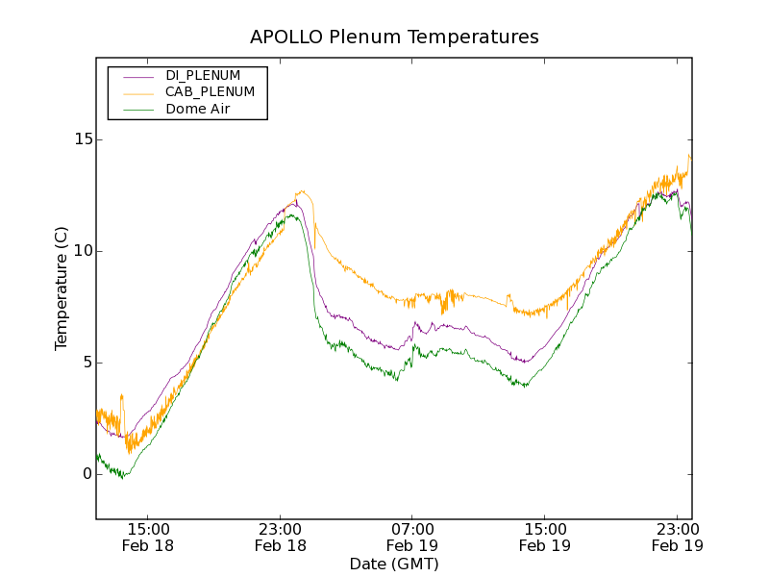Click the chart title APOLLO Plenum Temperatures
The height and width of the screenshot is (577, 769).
pos(394,38)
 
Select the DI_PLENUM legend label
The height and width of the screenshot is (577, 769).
pos(203,75)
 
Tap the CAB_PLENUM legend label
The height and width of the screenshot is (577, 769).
pos(210,92)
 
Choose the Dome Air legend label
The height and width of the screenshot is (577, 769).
pos(198,110)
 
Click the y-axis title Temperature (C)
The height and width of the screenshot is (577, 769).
pos(62,288)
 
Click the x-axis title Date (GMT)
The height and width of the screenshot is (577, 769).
pos(394,564)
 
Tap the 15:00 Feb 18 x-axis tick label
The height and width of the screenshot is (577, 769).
pos(148,537)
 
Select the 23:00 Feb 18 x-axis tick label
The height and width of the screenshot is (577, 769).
pos(281,537)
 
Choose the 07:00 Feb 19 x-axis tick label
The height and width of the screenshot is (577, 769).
pos(412,537)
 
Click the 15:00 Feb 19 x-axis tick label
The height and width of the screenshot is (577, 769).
pos(545,537)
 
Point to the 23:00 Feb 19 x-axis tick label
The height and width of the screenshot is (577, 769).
pos(677,537)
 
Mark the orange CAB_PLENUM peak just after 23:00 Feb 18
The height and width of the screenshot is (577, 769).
pos(303,190)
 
